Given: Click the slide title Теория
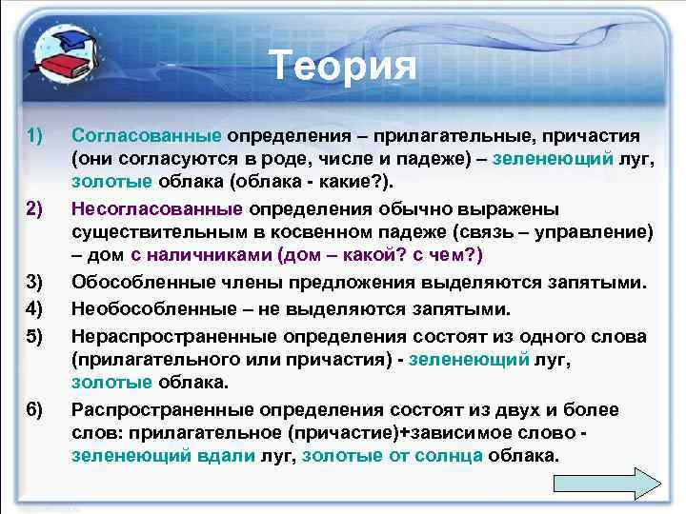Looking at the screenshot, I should (x=343, y=66).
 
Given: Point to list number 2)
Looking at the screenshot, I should (x=35, y=208).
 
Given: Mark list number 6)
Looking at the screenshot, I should (x=35, y=409).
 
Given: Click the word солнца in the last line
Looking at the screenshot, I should (x=449, y=456).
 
